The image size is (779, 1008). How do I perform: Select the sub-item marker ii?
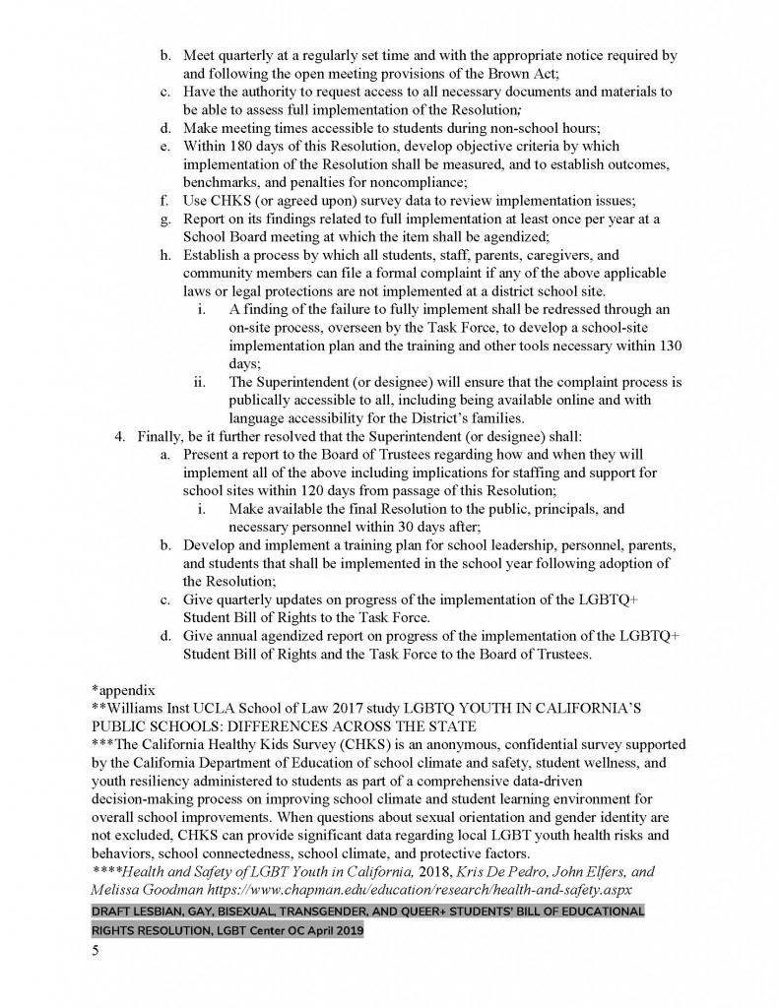point(201,382)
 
